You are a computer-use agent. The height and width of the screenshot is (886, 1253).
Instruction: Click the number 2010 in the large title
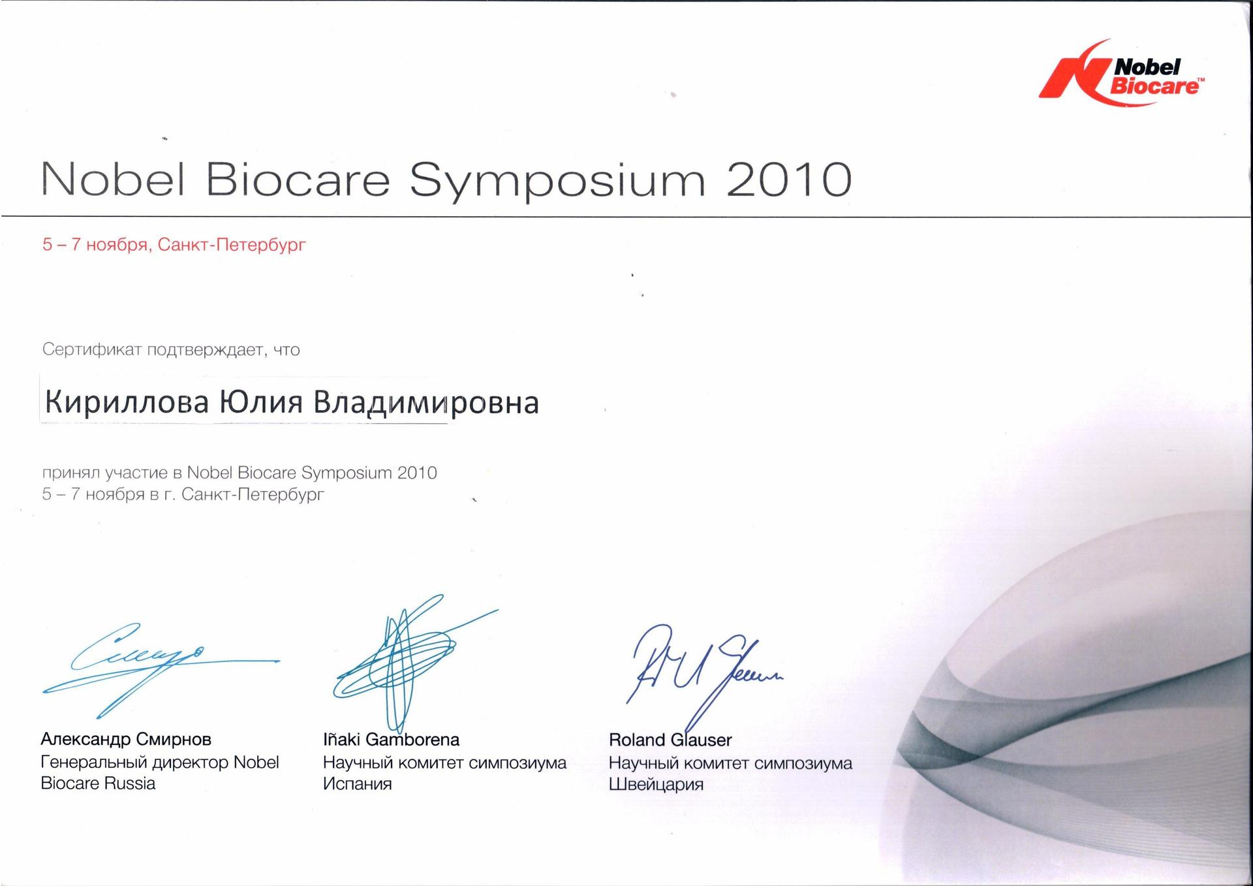coord(788,180)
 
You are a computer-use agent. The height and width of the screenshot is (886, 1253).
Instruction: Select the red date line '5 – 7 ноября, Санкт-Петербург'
coord(174,245)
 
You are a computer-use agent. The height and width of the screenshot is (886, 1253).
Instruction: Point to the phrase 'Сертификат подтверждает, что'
coord(171,350)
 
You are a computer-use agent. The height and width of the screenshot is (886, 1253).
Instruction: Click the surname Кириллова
coord(127,402)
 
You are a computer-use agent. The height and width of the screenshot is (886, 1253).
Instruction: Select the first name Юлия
coord(260,402)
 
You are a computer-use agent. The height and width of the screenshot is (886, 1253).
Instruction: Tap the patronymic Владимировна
coord(426,403)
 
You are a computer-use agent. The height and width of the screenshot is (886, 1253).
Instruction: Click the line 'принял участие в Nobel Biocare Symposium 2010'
coord(240,473)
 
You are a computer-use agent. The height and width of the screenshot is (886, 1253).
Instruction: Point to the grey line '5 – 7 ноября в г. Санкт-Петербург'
coord(183,494)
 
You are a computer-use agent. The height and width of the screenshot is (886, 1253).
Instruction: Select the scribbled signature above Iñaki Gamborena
coord(415,663)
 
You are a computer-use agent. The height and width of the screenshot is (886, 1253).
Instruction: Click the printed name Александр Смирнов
coord(126,739)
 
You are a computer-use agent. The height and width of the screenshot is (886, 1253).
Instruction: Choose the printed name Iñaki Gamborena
coord(391,739)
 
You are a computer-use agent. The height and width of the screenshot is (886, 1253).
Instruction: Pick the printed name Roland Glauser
coord(670,740)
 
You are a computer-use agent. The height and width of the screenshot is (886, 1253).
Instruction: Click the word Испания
coord(357,783)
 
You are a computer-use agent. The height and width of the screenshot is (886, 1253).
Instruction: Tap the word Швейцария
coord(656,784)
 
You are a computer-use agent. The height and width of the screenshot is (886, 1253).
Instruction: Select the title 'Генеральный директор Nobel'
coord(160,762)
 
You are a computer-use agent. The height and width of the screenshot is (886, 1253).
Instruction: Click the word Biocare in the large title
coord(299,180)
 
